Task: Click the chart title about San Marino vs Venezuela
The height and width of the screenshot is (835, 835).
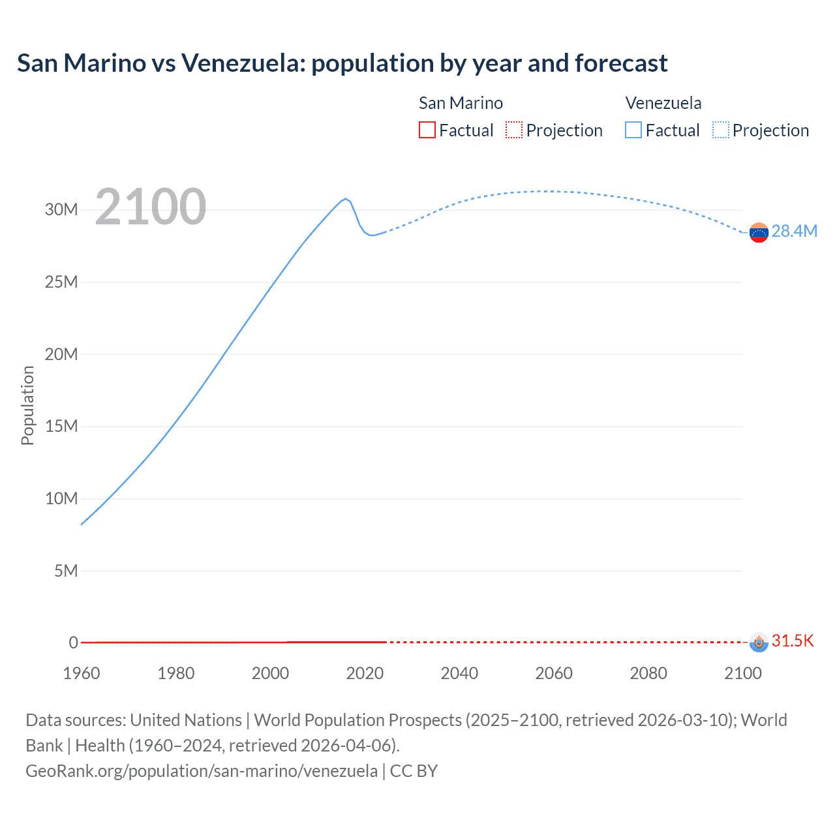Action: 342,63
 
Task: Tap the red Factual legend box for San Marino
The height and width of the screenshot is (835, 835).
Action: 427,130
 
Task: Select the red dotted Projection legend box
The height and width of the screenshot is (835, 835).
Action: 514,130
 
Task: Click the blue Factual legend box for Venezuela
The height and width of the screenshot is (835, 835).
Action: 633,130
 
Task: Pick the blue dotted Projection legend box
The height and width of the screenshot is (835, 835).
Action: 721,130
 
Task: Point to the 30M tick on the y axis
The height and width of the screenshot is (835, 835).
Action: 61,209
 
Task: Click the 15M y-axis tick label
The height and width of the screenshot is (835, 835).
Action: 61,426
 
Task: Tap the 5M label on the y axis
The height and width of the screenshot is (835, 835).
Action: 66,571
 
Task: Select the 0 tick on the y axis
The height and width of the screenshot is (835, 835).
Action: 74,643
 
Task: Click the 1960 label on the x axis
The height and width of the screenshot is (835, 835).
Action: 82,673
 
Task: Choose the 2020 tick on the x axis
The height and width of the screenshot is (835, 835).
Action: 365,673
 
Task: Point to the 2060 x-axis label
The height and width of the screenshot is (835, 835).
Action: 554,673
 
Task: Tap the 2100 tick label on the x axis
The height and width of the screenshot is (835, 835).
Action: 742,673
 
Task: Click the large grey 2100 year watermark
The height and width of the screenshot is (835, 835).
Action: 151,207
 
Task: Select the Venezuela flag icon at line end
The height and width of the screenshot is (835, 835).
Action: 759,232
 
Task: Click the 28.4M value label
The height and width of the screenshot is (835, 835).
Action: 794,232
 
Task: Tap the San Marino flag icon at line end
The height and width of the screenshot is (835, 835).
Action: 759,642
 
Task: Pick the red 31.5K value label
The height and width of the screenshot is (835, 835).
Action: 793,641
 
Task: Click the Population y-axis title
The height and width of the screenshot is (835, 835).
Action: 27,405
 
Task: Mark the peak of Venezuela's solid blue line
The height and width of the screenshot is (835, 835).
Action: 346,198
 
